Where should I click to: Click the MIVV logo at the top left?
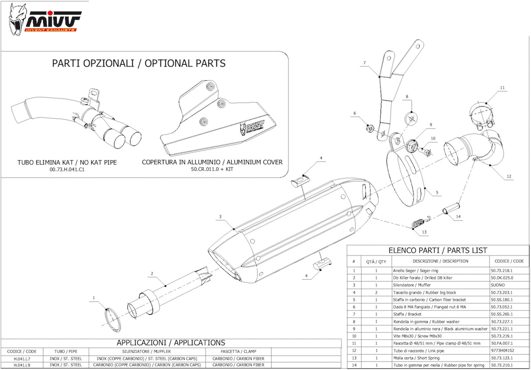pyautogui.click(x=45, y=20)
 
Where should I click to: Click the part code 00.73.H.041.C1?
pyautogui.click(x=67, y=169)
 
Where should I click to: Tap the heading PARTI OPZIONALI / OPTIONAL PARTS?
pyautogui.click(x=139, y=63)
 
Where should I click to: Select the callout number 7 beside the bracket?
pyautogui.click(x=364, y=63)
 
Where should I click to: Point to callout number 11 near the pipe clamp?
pyautogui.click(x=502, y=88)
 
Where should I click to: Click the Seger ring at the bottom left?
pyautogui.click(x=113, y=320)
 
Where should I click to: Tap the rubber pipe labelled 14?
pyautogui.click(x=451, y=208)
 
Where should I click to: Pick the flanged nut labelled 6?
pyautogui.click(x=370, y=128)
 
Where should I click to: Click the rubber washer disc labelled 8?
pyautogui.click(x=412, y=119)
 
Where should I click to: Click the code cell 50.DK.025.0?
pyautogui.click(x=502, y=278)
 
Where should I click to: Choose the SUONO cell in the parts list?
pyautogui.click(x=498, y=285)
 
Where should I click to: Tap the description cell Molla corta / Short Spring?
pyautogui.click(x=416, y=358)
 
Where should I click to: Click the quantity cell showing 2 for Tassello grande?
pyautogui.click(x=376, y=292)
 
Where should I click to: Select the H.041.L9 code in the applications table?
pyautogui.click(x=22, y=365)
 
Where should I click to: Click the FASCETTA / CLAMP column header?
pyautogui.click(x=239, y=351)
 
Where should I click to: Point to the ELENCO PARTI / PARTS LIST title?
pyautogui.click(x=438, y=250)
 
